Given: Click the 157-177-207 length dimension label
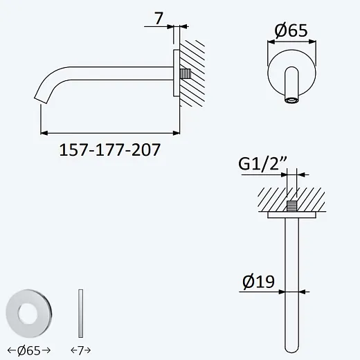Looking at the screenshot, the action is [109, 150].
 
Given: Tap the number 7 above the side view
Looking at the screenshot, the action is [159, 18].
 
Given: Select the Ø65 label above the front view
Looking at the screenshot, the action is [291, 30].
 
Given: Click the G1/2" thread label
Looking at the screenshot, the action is [262, 163].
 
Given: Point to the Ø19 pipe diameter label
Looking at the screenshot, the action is [258, 281].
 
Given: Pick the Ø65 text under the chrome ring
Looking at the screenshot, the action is [29, 351].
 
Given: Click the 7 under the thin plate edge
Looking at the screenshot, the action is [80, 351].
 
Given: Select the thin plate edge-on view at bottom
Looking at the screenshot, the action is [80, 313].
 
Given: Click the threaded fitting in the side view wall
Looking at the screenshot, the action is [185, 73].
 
